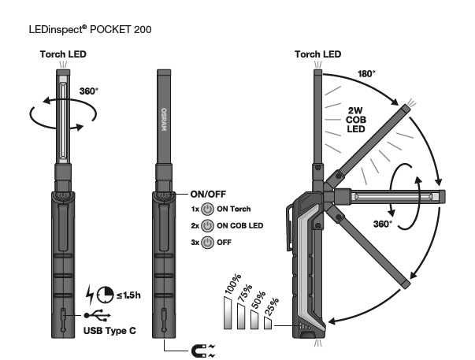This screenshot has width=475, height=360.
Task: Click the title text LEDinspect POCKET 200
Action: coord(88,29)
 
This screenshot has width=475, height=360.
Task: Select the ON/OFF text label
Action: coord(208,193)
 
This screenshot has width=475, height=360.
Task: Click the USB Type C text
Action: coord(109,330)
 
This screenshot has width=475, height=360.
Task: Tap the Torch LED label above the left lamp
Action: coord(63,54)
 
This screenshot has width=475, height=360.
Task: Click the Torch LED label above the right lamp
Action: coord(317,54)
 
